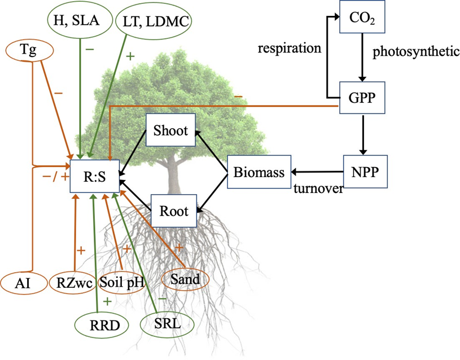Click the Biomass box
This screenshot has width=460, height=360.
[259, 172]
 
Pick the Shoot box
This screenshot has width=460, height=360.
[170, 130]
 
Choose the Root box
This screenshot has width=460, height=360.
[173, 212]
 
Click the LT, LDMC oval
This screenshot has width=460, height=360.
[153, 21]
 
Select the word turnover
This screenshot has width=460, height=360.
[318, 189]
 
